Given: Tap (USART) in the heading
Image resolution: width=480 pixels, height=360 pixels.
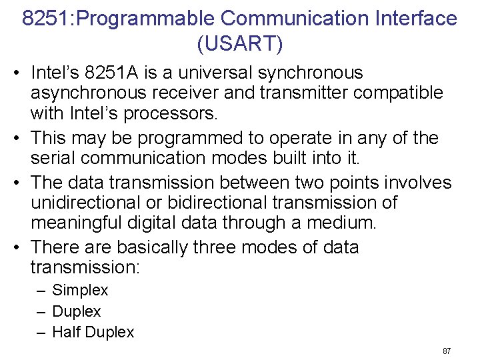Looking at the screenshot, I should point(240,44).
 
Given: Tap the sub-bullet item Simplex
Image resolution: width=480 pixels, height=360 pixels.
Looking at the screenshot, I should point(80,291).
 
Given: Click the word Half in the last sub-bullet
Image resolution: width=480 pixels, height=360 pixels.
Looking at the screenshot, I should point(65,332).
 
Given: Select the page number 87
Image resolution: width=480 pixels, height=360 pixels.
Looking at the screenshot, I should point(447,351).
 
